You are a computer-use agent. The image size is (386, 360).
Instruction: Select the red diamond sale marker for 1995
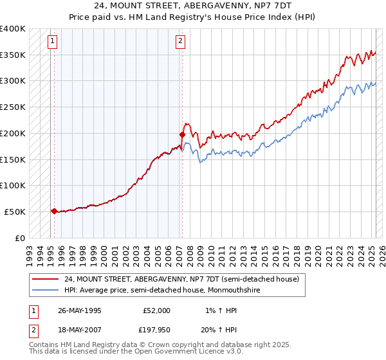tap(54, 210)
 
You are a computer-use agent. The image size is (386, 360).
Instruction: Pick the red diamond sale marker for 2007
tap(182, 135)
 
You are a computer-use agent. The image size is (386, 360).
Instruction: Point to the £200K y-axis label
tap(13, 133)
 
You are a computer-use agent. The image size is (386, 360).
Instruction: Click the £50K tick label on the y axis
tap(15, 212)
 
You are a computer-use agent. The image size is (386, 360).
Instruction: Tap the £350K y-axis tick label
tap(13, 55)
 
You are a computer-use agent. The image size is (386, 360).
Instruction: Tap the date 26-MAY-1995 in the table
tap(80, 310)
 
